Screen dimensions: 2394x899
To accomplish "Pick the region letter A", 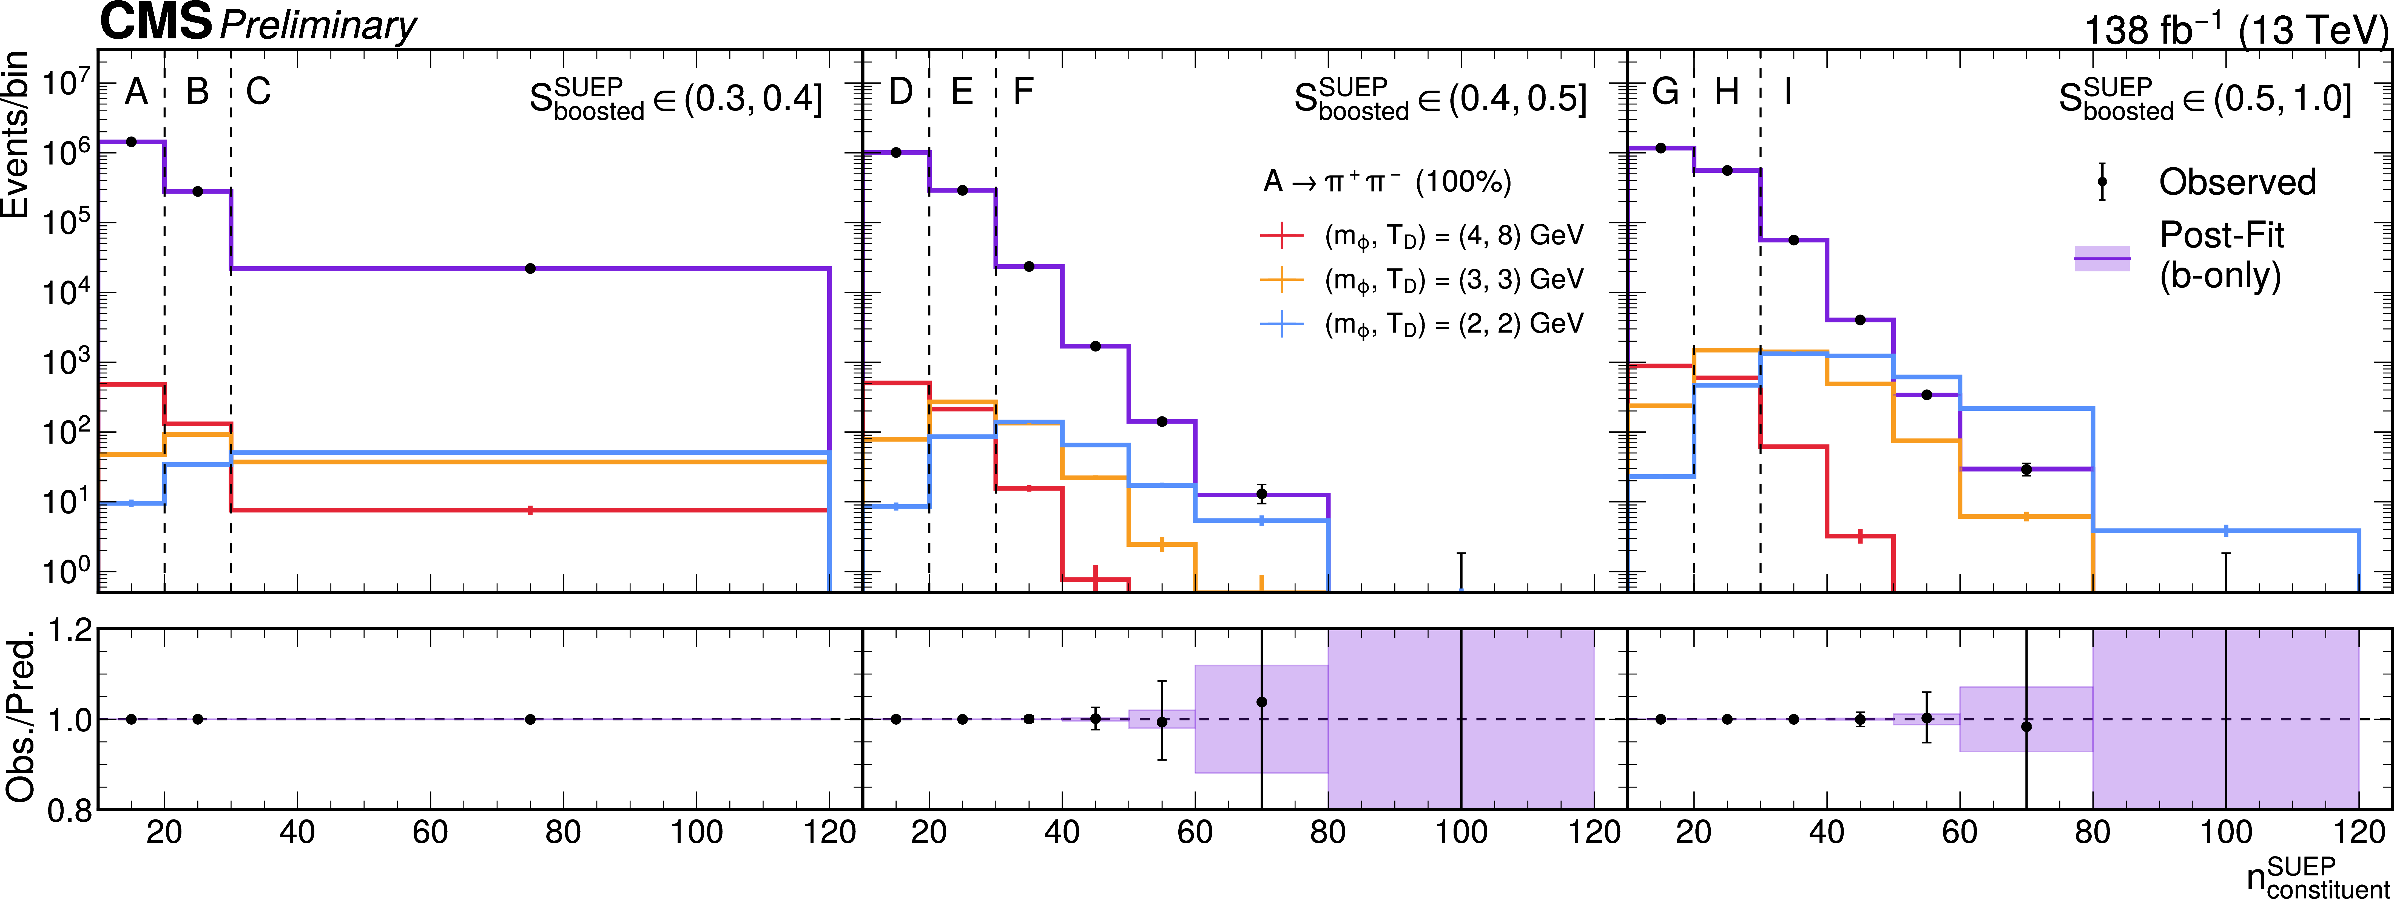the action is (x=137, y=91).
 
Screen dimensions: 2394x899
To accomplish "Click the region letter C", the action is (x=258, y=91).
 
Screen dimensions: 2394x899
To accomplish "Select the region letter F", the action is (x=1022, y=91).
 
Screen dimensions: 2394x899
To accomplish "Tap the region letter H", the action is (x=1727, y=91).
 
